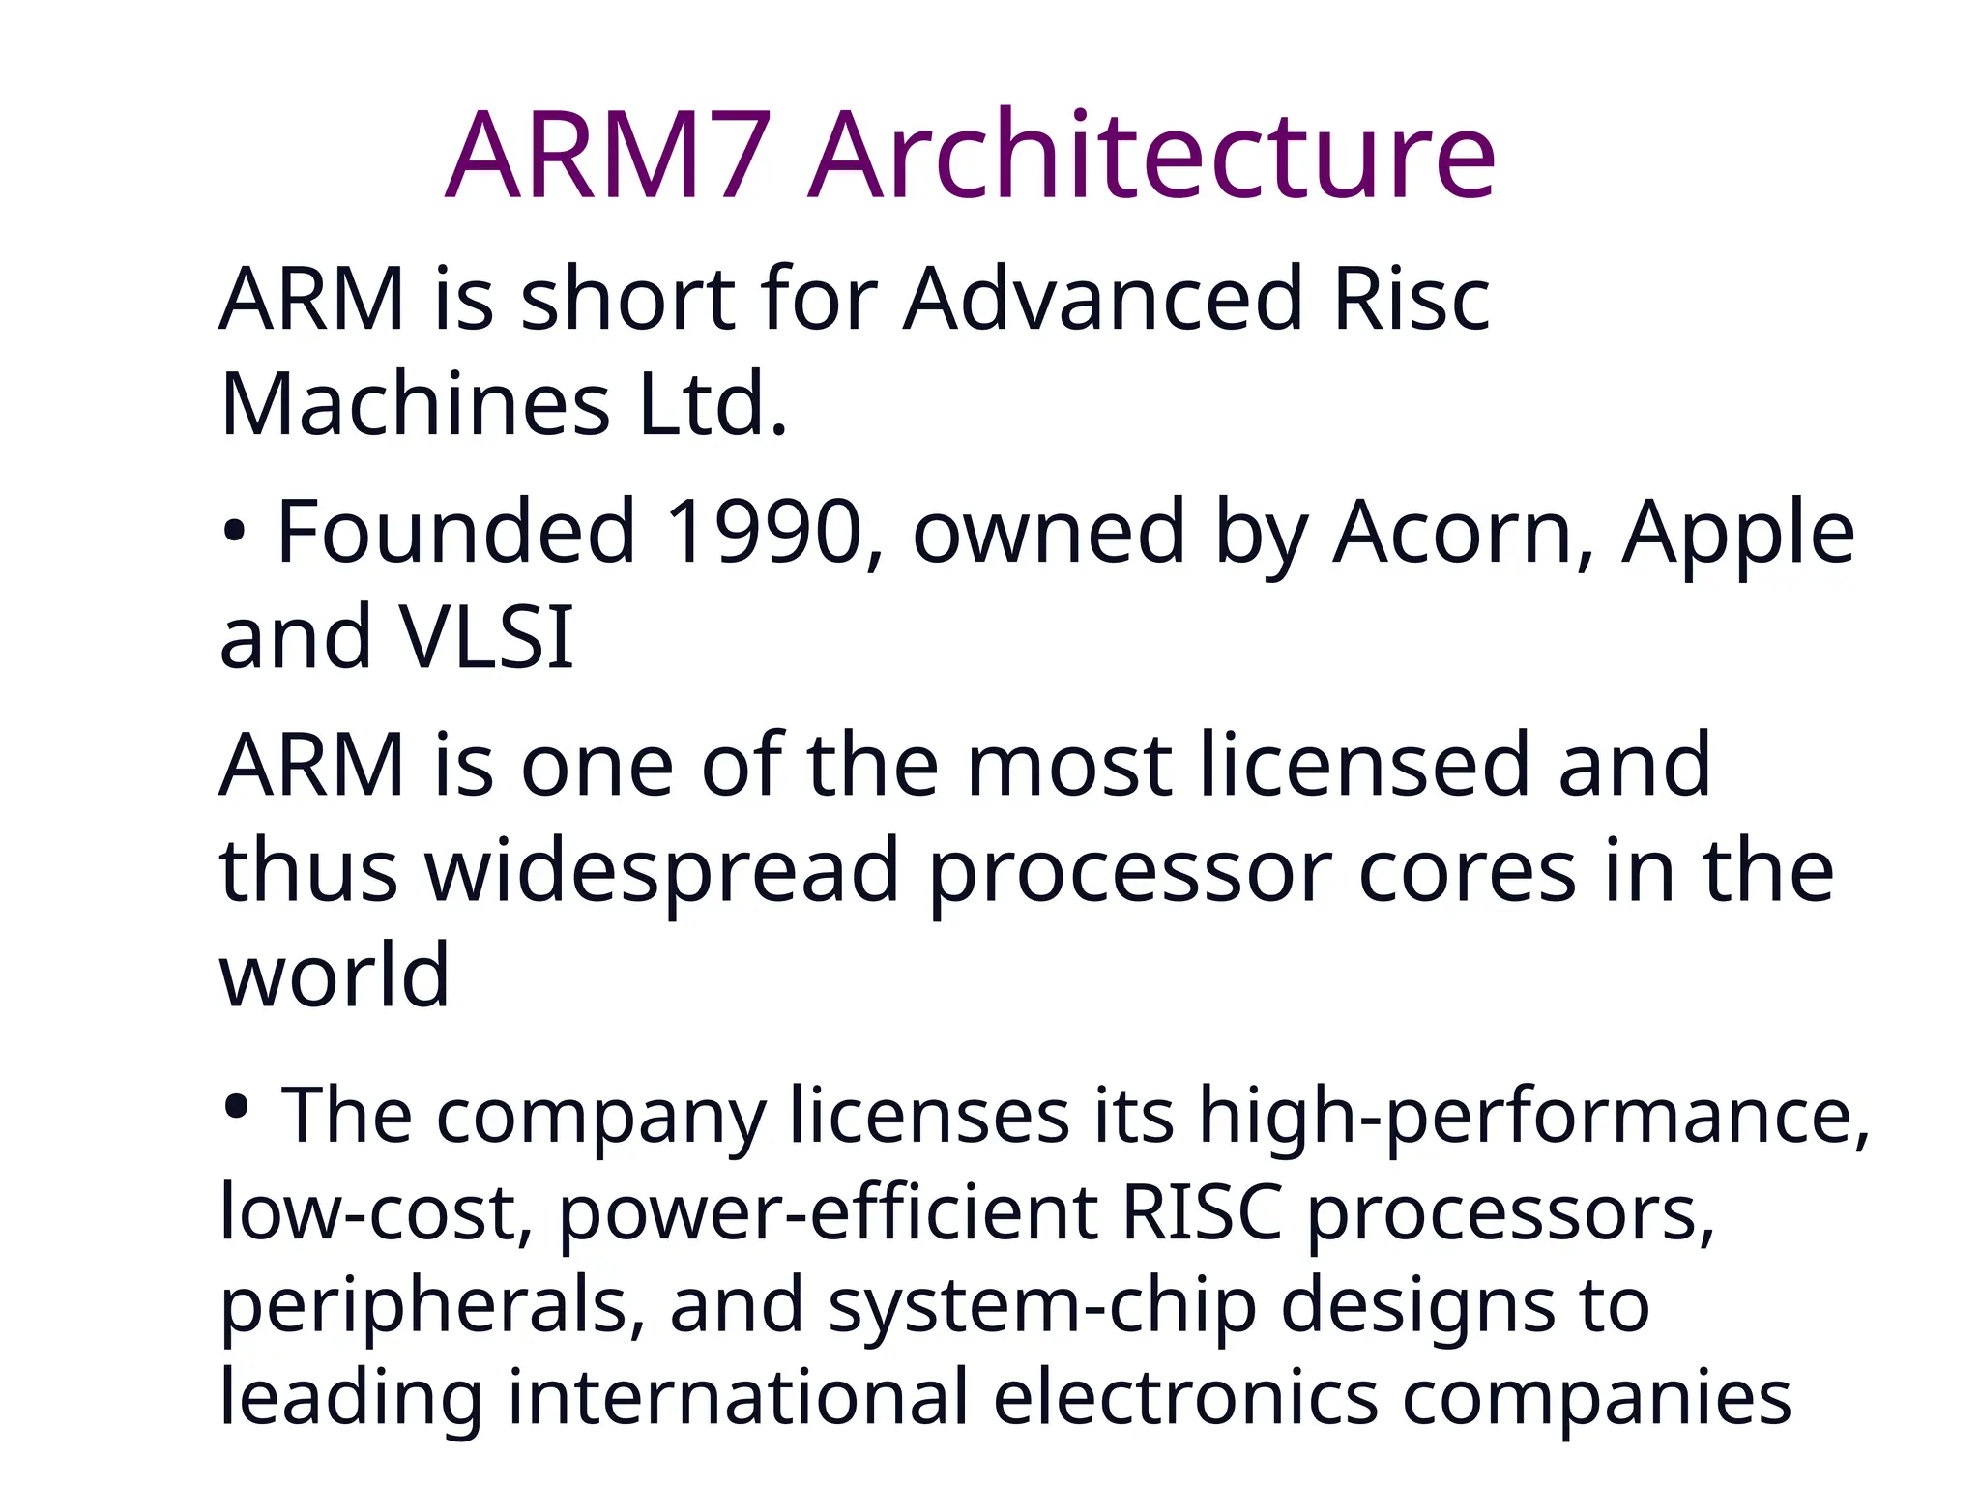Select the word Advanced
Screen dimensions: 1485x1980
(1102, 299)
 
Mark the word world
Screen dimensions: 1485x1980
(335, 975)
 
